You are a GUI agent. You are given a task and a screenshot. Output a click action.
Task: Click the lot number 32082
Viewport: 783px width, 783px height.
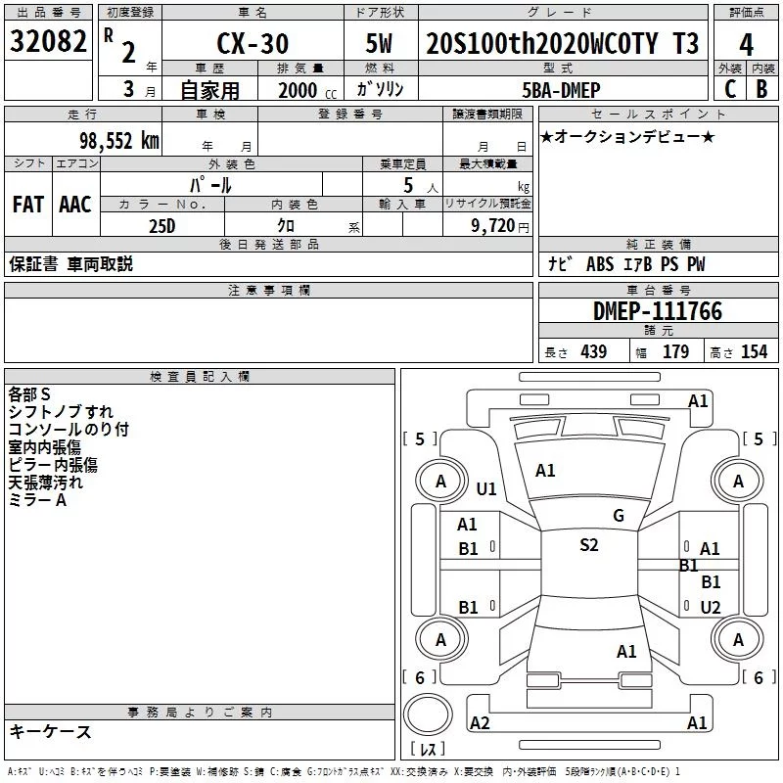click(x=48, y=41)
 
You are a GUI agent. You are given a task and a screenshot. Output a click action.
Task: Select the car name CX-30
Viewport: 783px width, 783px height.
click(x=253, y=43)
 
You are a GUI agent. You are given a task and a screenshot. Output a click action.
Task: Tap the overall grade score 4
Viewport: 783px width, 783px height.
click(x=746, y=45)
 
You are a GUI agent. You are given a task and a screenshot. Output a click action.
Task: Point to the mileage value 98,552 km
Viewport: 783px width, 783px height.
click(x=118, y=141)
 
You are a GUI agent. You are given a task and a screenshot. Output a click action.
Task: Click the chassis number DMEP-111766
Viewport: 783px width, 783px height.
click(x=657, y=311)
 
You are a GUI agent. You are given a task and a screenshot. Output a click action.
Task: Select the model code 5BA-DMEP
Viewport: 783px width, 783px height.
click(x=561, y=90)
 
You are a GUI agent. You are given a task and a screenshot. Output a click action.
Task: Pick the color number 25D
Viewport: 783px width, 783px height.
click(x=162, y=226)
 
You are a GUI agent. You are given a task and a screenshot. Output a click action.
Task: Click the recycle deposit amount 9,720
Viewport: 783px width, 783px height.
click(x=493, y=226)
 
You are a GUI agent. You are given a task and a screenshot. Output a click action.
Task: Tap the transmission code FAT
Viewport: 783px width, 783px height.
click(x=28, y=205)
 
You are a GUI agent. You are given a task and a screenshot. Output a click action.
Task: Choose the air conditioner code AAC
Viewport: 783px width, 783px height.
click(x=75, y=205)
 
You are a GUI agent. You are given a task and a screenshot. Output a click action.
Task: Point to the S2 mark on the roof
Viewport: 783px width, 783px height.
click(x=589, y=545)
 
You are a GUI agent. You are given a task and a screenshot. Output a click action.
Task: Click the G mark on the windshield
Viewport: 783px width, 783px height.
click(x=619, y=516)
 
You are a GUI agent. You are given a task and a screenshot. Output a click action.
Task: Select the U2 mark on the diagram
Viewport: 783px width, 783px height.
click(x=711, y=607)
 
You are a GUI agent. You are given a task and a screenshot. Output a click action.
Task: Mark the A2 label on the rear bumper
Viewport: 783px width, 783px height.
click(x=480, y=722)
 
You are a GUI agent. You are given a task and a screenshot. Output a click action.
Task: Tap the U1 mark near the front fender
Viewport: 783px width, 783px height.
click(x=486, y=488)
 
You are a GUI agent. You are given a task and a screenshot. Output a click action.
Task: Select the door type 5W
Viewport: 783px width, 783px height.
click(x=379, y=43)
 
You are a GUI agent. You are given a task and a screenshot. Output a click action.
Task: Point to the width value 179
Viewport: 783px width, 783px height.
click(x=675, y=351)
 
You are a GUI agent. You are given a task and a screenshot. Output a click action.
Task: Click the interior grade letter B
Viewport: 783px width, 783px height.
click(x=761, y=89)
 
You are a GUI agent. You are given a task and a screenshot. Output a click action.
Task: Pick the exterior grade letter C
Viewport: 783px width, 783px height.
click(x=730, y=89)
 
